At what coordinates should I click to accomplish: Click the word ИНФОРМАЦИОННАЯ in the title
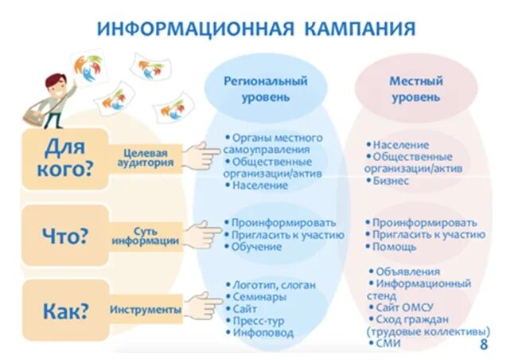coord(195,29)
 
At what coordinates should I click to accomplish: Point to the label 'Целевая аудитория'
coord(148,155)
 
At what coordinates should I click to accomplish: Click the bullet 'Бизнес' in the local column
coord(391,180)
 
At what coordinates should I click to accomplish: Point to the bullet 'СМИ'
coord(389,343)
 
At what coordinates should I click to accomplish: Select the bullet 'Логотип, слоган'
coord(274,284)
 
